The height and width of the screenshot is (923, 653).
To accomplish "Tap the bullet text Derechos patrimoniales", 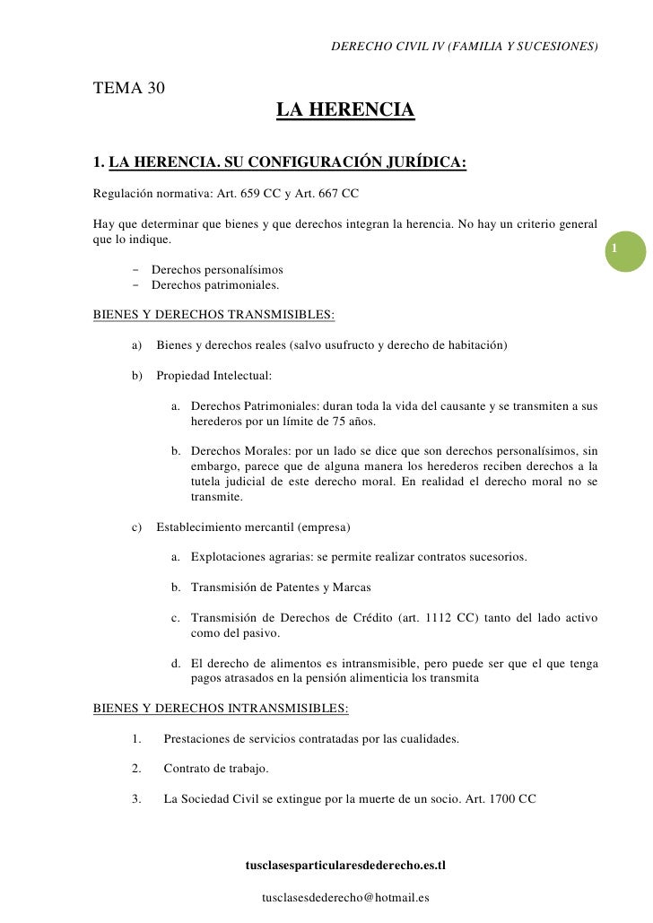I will tap(215, 285).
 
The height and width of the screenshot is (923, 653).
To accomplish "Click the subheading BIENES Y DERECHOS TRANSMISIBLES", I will tap(214, 315).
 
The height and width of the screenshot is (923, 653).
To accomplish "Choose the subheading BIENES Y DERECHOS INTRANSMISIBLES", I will tap(221, 708).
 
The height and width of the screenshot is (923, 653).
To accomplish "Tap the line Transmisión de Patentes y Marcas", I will tap(281, 588).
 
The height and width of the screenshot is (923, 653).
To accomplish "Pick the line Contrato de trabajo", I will tap(215, 769).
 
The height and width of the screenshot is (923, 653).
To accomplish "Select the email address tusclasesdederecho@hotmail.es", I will tap(344, 897).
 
